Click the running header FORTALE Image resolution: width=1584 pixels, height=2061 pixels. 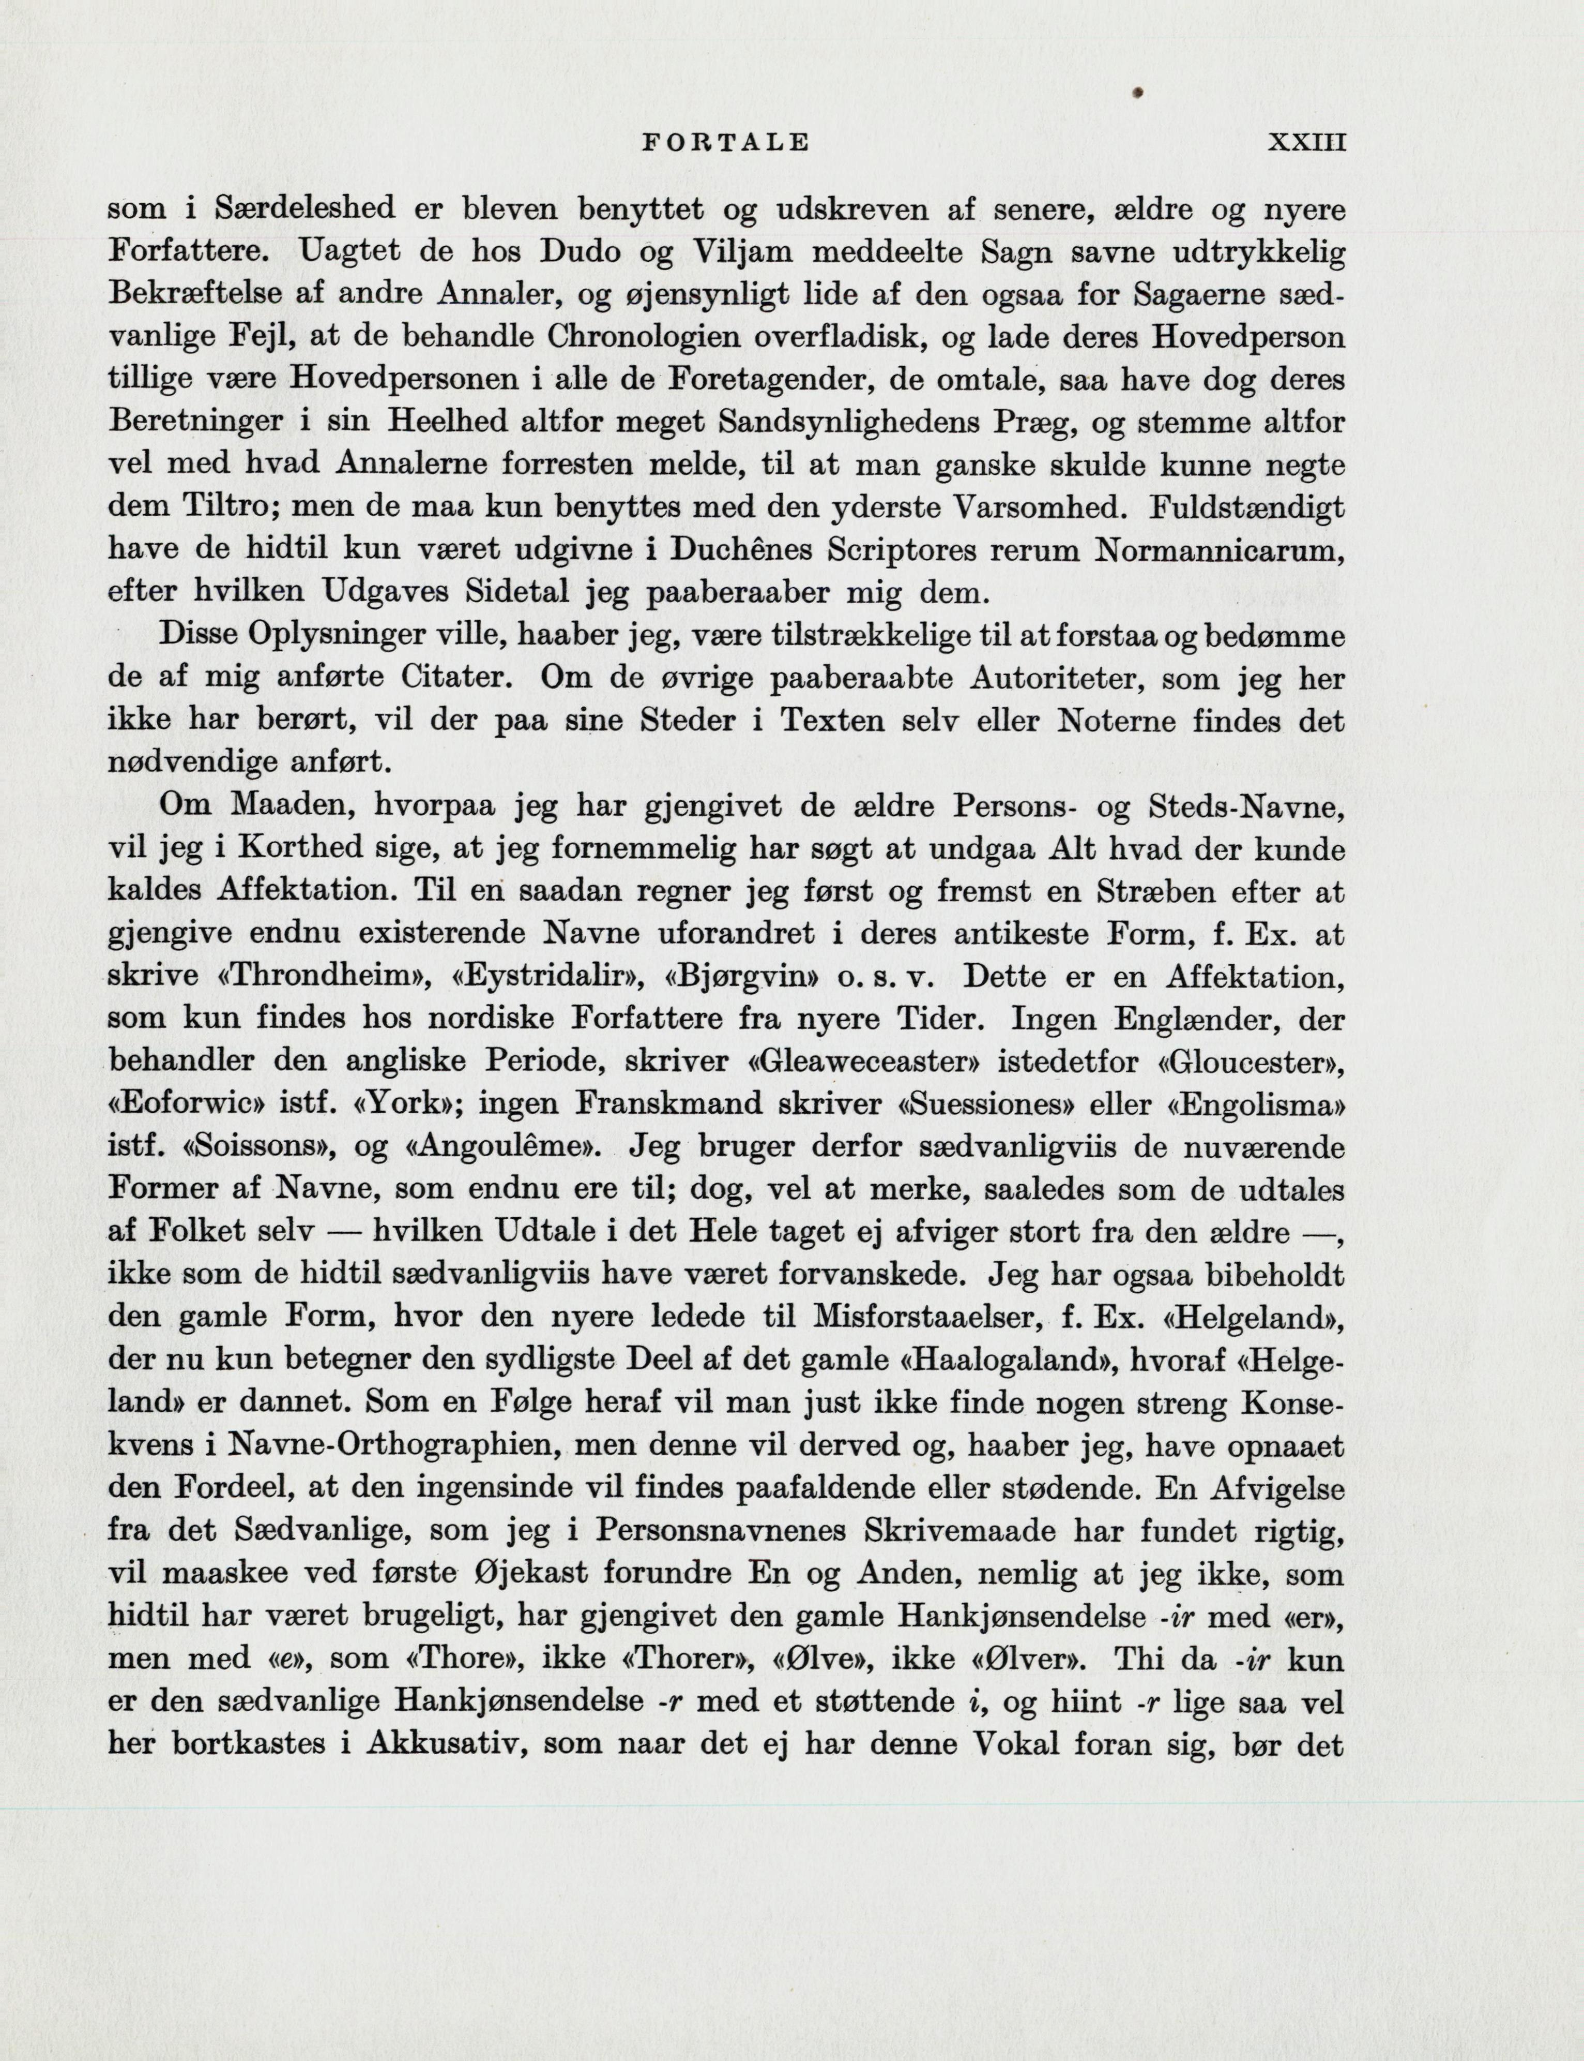tap(724, 142)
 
